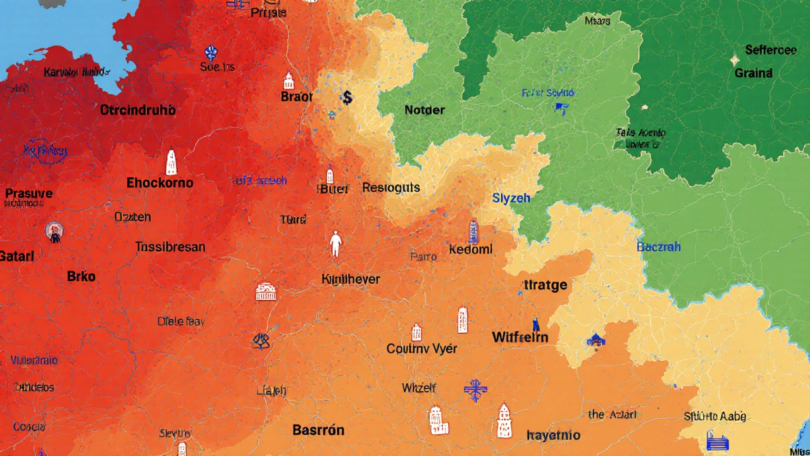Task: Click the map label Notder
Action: pyautogui.click(x=425, y=110)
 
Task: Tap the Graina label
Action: pyautogui.click(x=753, y=73)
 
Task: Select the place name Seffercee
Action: pyautogui.click(x=771, y=50)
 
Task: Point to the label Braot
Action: pyautogui.click(x=297, y=97)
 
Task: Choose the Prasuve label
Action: pyautogui.click(x=29, y=193)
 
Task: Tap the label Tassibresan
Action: pyautogui.click(x=170, y=247)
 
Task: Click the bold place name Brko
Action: pyautogui.click(x=81, y=276)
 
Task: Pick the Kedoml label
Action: pyautogui.click(x=470, y=250)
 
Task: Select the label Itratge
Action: pyautogui.click(x=546, y=285)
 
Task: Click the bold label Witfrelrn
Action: pyautogui.click(x=520, y=338)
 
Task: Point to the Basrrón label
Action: pyautogui.click(x=318, y=430)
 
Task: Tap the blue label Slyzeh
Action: pyautogui.click(x=511, y=198)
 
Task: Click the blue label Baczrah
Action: pyautogui.click(x=659, y=246)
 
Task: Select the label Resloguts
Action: pyautogui.click(x=391, y=188)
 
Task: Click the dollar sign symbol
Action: pyautogui.click(x=346, y=98)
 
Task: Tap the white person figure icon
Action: pyautogui.click(x=335, y=244)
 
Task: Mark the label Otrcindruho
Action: pyautogui.click(x=137, y=110)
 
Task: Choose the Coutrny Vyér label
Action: pyautogui.click(x=421, y=348)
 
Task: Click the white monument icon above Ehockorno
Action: pyautogui.click(x=171, y=162)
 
